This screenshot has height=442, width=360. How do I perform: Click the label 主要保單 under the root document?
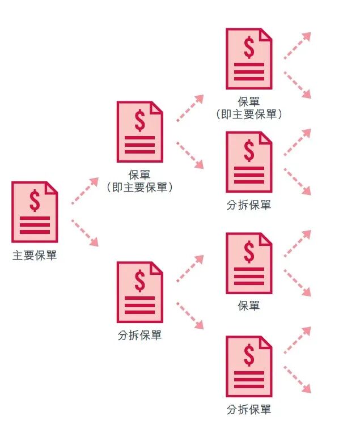click(35, 256)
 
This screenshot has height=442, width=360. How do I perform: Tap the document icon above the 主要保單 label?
click(35, 212)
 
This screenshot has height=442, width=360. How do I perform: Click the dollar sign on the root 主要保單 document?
click(35, 200)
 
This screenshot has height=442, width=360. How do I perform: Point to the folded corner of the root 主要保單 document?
click(52, 187)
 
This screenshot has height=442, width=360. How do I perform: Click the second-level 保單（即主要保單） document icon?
click(139, 131)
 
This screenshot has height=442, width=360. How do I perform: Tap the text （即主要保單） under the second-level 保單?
click(139, 186)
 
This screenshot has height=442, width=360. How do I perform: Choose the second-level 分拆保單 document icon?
click(139, 292)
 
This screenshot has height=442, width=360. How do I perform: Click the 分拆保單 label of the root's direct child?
click(139, 335)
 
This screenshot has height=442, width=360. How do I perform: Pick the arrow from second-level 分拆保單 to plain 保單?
click(189, 269)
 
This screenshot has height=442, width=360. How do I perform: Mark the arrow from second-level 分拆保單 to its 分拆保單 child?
click(189, 315)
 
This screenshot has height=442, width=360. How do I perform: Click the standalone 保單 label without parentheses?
click(249, 306)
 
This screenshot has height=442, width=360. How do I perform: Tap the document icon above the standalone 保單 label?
click(249, 262)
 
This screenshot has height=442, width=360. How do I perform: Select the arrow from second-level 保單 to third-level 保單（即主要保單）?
click(189, 108)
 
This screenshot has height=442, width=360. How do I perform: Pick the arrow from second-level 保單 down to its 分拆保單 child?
click(189, 155)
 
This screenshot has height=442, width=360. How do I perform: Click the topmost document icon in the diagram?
click(249, 58)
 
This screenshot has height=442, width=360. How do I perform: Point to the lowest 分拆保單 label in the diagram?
click(249, 409)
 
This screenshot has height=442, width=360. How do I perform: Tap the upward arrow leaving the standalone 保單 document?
click(297, 244)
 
